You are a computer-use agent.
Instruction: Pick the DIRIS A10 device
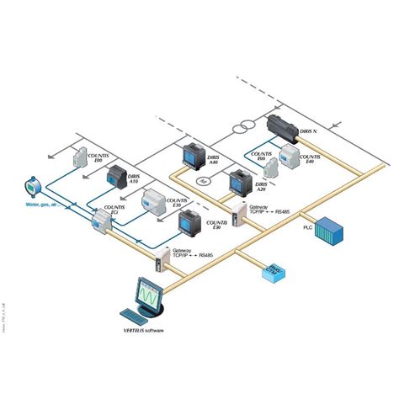(114, 177)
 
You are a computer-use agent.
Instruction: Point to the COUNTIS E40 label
(311, 160)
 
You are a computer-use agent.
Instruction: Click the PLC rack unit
(331, 231)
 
